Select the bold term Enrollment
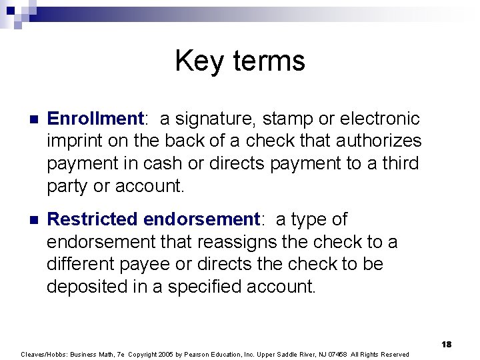tap(95, 119)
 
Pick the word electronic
tap(379, 119)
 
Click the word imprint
tap(73, 141)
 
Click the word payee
tap(167, 264)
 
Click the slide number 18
tap(447, 344)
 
